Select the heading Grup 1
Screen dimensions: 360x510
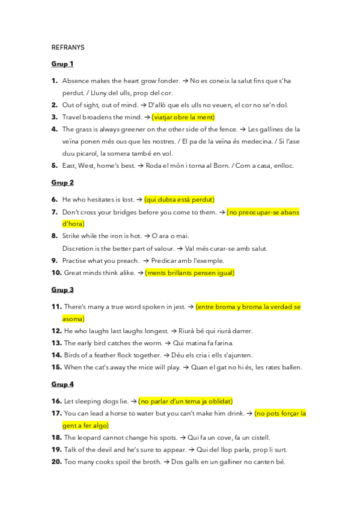click(63, 63)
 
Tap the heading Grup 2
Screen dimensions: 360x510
click(63, 182)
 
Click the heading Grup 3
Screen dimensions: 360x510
click(63, 289)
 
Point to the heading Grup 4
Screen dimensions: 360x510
click(63, 384)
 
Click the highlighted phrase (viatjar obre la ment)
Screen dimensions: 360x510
click(183, 117)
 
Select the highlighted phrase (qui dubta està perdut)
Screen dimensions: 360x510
click(178, 199)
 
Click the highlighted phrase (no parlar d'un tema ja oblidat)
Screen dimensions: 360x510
click(185, 401)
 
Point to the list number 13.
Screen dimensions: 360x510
click(56, 343)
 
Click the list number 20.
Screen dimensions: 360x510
click(56, 462)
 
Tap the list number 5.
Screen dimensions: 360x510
click(55, 165)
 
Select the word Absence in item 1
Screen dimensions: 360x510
click(75, 81)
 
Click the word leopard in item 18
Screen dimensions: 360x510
click(88, 437)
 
